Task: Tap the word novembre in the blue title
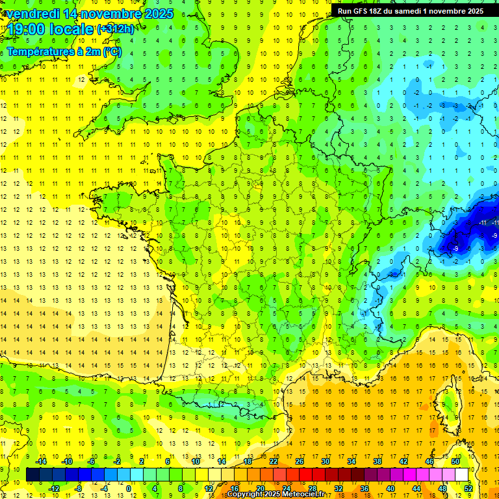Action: pos(109,14)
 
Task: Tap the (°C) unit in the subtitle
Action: pos(112,51)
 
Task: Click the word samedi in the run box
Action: pos(415,11)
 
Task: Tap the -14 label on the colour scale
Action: pos(42,461)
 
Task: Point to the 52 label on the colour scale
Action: pos(468,488)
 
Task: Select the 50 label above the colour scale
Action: pos(455,461)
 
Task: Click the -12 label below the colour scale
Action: pos(54,488)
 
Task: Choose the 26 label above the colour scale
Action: pos(300,461)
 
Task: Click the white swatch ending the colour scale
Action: pos(462,474)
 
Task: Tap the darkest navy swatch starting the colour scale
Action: pos(33,474)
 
